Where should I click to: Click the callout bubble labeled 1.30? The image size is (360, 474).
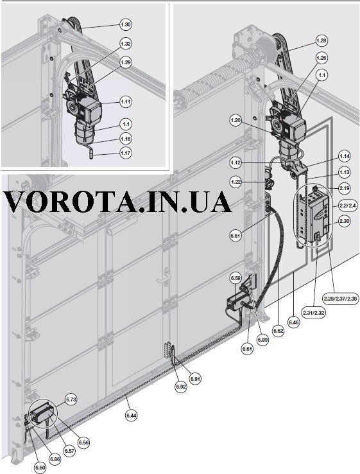click(x=125, y=24)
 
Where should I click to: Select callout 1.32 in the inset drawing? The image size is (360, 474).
click(x=125, y=44)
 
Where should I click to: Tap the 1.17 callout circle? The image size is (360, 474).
click(x=125, y=153)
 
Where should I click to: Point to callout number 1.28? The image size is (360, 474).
click(x=321, y=40)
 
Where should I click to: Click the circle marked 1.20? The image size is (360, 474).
click(x=236, y=120)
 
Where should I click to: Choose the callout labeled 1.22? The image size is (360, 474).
click(x=236, y=182)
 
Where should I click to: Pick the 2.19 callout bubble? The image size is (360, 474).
click(x=345, y=188)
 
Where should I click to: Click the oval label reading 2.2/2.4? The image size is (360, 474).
click(x=345, y=206)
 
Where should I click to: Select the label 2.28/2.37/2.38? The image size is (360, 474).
click(x=339, y=299)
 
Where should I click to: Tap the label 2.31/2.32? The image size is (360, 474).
click(x=314, y=312)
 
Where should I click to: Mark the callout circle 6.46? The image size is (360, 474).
click(x=293, y=322)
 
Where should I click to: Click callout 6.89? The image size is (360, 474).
click(x=262, y=340)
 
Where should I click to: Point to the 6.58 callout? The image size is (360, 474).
click(x=236, y=278)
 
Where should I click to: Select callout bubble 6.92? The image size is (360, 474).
click(x=180, y=386)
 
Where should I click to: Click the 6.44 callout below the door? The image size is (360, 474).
click(x=132, y=416)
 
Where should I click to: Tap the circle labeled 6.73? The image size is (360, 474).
click(x=71, y=399)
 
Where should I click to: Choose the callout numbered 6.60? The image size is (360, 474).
click(x=40, y=468)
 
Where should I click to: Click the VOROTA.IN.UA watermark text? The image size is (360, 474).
click(x=118, y=202)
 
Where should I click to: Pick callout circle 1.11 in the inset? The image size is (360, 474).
click(x=125, y=101)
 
